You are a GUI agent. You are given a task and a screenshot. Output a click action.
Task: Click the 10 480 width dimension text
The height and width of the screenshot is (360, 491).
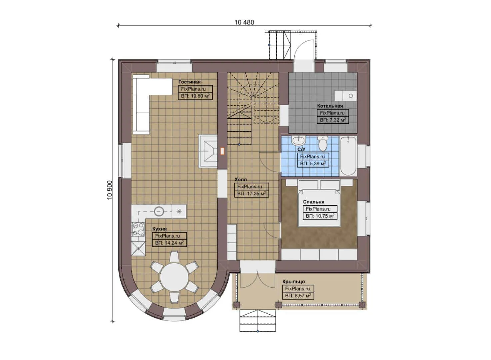(x=244, y=22)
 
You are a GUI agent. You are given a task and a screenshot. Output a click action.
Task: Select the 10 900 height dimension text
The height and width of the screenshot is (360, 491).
(x=110, y=190)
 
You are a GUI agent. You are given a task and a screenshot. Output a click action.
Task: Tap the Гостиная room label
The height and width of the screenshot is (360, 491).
(x=189, y=82)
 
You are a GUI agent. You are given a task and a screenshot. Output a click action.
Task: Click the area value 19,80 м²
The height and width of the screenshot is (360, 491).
(x=195, y=96)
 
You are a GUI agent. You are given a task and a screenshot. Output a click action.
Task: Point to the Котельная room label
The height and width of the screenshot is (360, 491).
(x=330, y=106)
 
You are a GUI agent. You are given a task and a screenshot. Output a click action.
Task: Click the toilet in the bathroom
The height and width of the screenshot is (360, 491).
(x=322, y=144)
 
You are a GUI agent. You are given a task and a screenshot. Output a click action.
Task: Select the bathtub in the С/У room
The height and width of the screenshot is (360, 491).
(x=348, y=156)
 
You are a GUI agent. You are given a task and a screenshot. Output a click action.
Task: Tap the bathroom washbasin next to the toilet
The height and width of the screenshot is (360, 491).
(x=298, y=140)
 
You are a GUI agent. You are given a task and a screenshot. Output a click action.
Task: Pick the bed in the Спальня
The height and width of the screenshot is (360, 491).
(x=319, y=203)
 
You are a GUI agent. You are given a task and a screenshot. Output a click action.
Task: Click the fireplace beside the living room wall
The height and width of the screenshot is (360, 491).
(x=208, y=151)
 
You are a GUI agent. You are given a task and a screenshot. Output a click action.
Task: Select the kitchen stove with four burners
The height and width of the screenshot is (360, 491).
(x=138, y=229)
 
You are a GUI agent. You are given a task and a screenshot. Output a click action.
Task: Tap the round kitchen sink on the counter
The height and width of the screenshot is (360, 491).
(x=159, y=211)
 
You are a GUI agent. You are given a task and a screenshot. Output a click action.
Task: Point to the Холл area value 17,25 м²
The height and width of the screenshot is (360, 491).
(x=251, y=194)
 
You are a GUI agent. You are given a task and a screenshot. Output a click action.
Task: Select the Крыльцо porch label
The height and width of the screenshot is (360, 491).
(x=293, y=281)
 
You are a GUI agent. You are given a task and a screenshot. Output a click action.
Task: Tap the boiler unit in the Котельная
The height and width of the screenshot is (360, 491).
(x=345, y=95)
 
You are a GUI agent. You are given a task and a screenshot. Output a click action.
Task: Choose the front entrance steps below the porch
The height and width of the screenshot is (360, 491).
(x=258, y=321)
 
